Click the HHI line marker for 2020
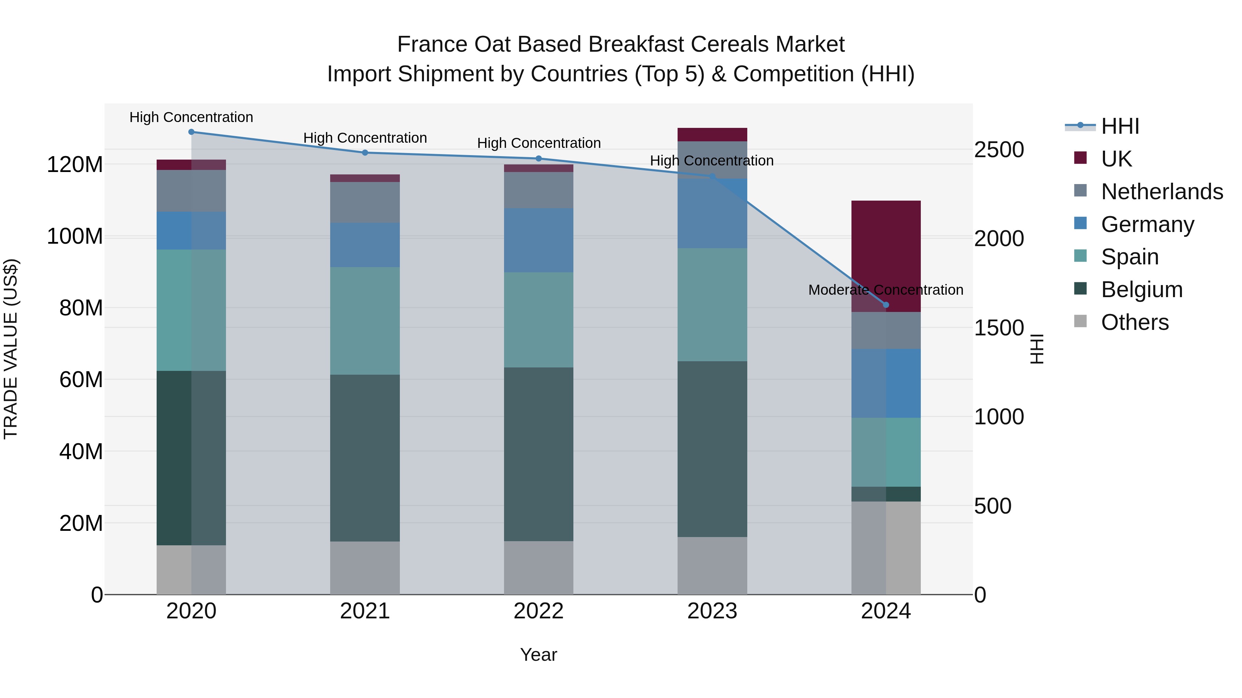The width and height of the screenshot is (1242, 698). [x=191, y=132]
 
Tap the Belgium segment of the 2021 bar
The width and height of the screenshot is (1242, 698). [x=365, y=458]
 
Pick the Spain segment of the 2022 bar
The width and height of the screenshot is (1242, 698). [x=539, y=320]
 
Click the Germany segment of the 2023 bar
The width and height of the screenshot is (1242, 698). [x=712, y=214]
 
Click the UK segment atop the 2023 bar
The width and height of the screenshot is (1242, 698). [x=712, y=134]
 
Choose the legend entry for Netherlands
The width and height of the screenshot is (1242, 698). [x=1162, y=192]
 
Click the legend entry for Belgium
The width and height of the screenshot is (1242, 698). [x=1141, y=290]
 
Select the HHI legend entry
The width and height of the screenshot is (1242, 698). [x=1120, y=126]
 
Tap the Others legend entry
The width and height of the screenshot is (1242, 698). [x=1134, y=322]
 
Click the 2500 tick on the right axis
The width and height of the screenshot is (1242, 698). [x=998, y=150]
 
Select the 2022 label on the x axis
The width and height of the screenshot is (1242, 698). [x=539, y=611]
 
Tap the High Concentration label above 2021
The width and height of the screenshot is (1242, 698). [x=365, y=138]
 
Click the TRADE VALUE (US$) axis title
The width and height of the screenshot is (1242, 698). [x=11, y=349]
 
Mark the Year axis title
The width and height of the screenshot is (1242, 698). [x=539, y=655]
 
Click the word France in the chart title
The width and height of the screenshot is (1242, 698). [x=432, y=45]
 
